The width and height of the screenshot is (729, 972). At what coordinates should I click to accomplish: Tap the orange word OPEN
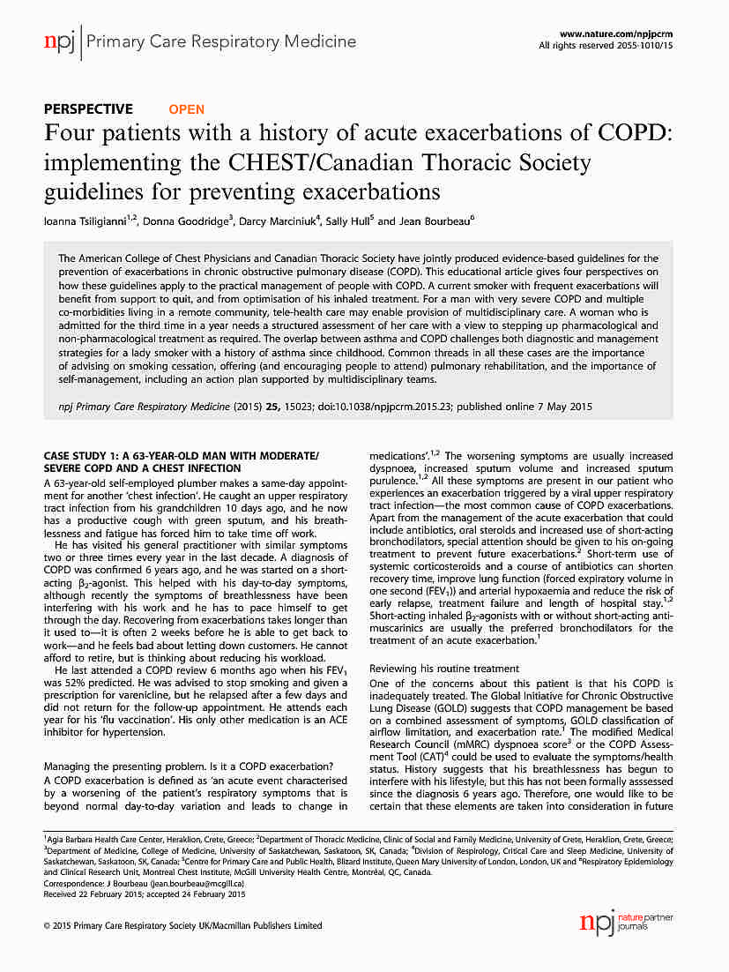coord(186,109)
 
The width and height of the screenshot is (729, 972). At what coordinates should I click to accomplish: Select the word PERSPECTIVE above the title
coord(88,109)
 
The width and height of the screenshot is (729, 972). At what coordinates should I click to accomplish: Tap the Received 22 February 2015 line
coord(132,893)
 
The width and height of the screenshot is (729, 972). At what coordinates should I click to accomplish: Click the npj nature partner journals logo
coord(625,923)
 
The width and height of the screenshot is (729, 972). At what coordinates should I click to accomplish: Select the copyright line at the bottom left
coord(182,925)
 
